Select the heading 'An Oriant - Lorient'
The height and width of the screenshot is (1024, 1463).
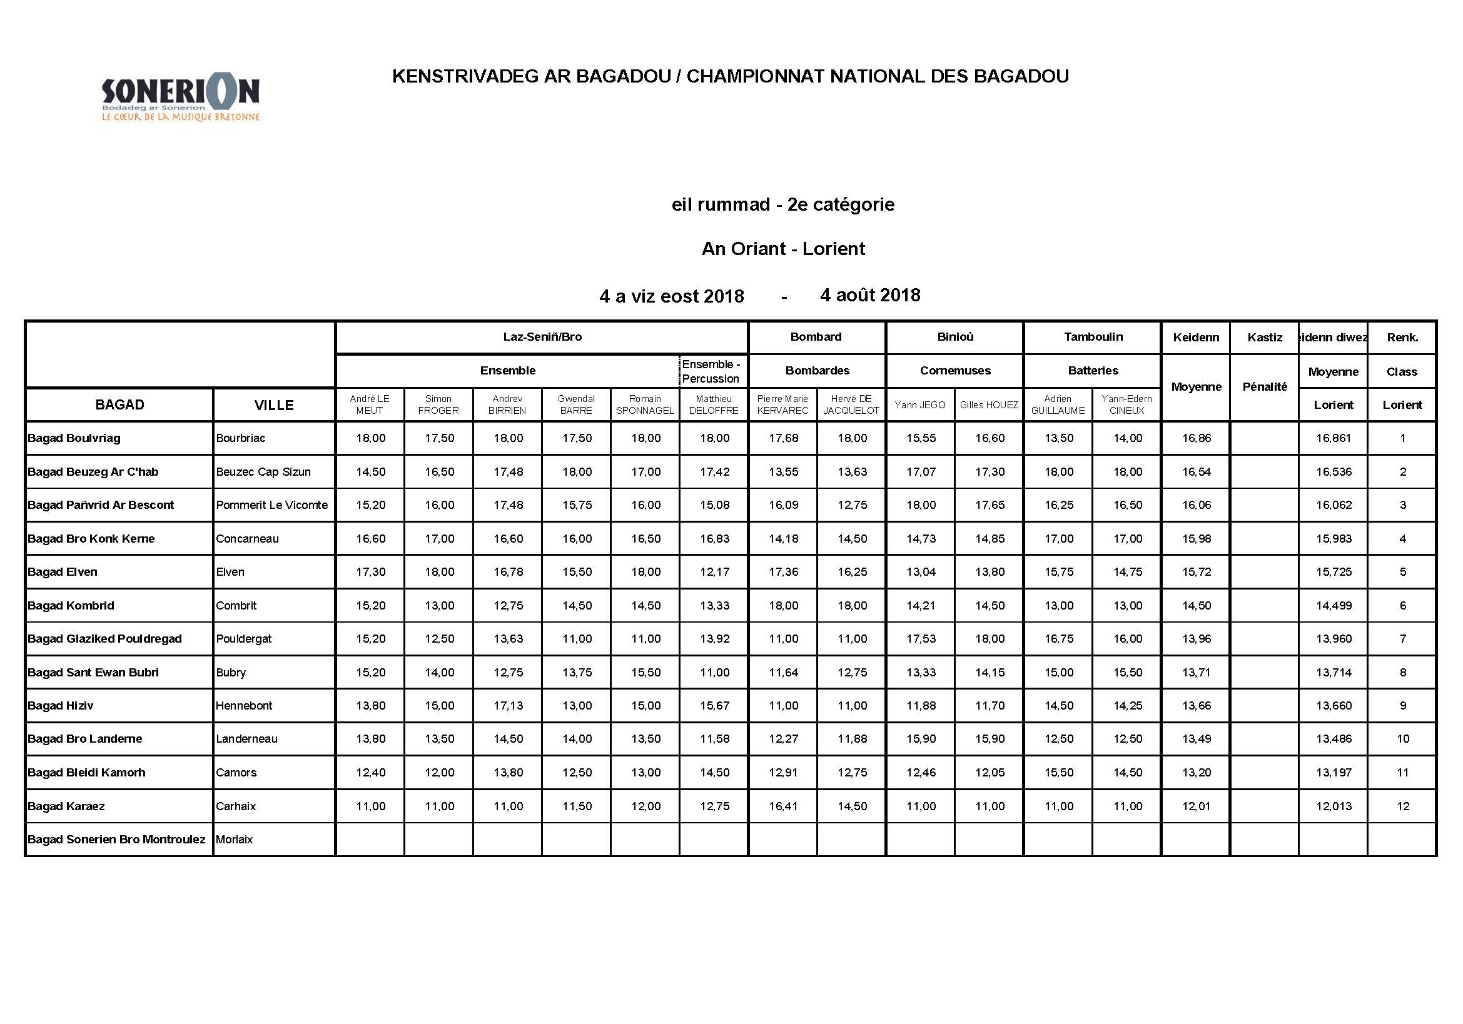coord(782,248)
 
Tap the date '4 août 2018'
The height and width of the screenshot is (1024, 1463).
coord(870,295)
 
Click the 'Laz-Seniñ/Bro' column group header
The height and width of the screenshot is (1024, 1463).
coord(542,337)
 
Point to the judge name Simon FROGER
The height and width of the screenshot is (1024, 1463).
coord(438,404)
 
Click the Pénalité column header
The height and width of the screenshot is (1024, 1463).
coord(1264,386)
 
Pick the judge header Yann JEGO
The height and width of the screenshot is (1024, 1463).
coord(919,404)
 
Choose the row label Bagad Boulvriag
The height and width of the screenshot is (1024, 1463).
coord(74,438)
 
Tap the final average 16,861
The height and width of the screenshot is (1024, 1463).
coord(1333,438)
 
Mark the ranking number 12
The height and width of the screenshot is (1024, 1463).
coord(1402,806)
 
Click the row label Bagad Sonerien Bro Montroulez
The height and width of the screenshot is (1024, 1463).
coord(116,840)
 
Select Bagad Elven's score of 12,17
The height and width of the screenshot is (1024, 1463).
coord(714,572)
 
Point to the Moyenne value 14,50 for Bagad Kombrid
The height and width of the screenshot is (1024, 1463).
coord(1196,606)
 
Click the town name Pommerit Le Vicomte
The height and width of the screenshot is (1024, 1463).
coord(271,505)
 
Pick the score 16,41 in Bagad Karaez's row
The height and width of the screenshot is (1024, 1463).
coord(783,806)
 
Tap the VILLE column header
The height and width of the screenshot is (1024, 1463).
coord(274,405)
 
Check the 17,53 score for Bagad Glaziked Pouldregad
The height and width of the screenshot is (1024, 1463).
coord(921,639)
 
